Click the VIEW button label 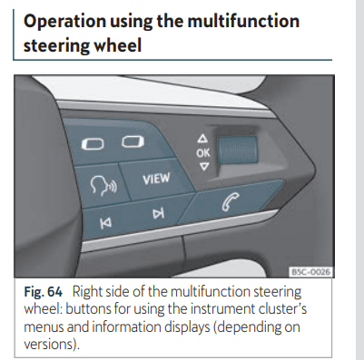156,179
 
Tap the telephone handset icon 231,201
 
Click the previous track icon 105,223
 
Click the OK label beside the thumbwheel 202,153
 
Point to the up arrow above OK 202,139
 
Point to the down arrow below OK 204,166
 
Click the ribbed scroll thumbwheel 238,150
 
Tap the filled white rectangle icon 93,144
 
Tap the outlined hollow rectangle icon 133,141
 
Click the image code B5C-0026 310,272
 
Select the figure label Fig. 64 43,292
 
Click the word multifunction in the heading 243,21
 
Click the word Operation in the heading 64,22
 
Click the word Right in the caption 86,292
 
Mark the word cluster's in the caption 282,309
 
